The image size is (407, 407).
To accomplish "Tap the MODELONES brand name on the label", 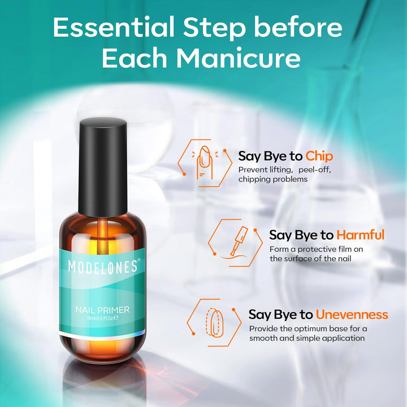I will pos(102,266).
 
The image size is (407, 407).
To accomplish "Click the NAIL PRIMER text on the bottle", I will pos(103,309).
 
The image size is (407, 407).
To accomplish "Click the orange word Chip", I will pos(319,156).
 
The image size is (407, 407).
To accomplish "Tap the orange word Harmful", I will pos(360,235).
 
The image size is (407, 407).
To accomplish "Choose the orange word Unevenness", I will pos(352,314).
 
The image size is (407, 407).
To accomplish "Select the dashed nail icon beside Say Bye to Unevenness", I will pos(214,321).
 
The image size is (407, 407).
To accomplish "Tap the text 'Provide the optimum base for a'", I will pos(308,328).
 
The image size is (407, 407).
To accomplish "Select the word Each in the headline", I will pos(142,58).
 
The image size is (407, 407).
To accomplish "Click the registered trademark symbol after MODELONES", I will pos(139,260).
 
